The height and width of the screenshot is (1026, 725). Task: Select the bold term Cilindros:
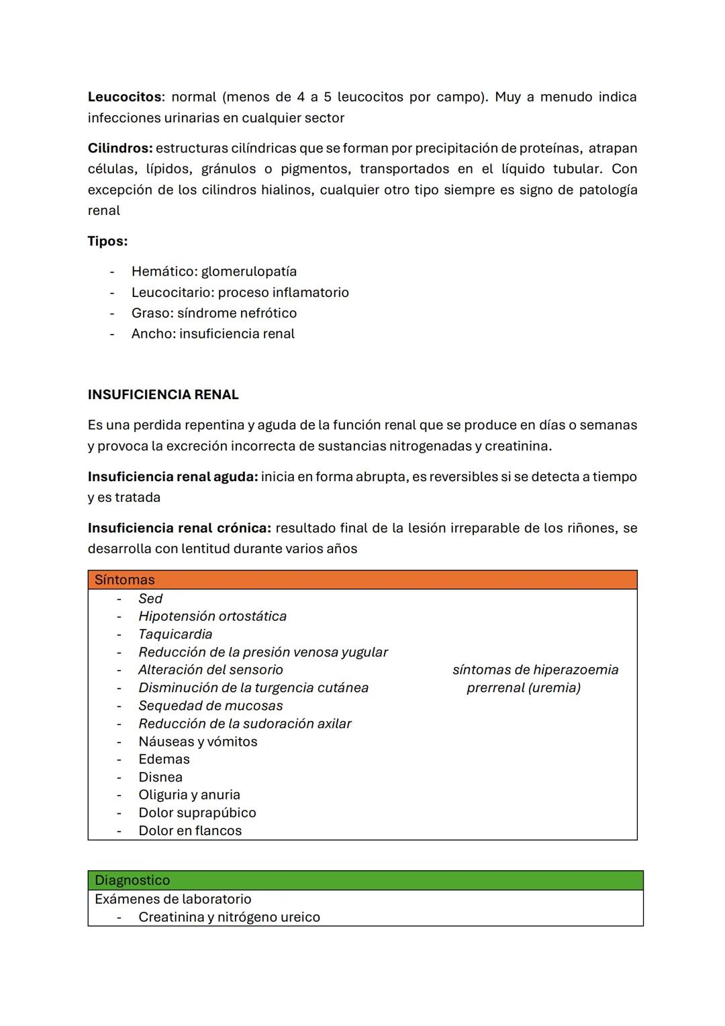[120, 148]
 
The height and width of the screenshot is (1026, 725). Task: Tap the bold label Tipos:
[107, 241]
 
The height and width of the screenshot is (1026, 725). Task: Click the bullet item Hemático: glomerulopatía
[213, 271]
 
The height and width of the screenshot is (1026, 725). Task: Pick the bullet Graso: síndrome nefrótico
[213, 313]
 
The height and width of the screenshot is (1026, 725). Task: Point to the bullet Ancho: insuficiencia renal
[213, 334]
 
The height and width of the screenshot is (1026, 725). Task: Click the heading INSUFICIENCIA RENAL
[163, 394]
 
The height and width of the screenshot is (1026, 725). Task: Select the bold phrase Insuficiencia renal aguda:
[173, 476]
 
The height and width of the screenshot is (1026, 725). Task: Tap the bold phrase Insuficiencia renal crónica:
[179, 528]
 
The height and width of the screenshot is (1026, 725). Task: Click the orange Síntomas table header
[362, 580]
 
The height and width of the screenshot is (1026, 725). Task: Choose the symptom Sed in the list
[150, 599]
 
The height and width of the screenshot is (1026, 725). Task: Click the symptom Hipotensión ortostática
[212, 616]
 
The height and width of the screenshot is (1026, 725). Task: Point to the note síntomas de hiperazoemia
[535, 670]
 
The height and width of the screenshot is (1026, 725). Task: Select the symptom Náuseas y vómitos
[198, 741]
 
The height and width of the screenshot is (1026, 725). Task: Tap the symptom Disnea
[160, 777]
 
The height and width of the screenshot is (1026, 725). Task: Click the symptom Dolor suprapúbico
[197, 812]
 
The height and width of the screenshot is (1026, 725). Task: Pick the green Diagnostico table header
[365, 880]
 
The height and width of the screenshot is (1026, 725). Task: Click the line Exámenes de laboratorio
[173, 899]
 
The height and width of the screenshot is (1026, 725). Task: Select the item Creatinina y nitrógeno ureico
[229, 917]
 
